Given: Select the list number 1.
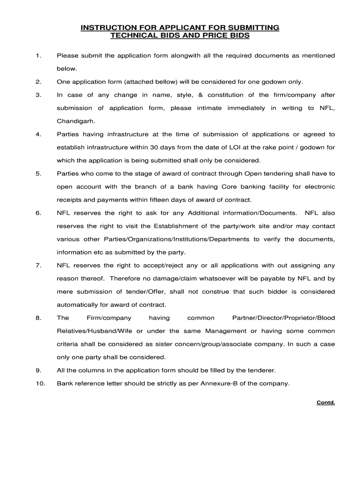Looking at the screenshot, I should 37,56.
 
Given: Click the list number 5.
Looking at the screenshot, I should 38,174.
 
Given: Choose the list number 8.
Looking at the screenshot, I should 38,318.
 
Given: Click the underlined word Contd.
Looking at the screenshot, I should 326,402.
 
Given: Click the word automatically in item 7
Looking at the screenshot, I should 80,305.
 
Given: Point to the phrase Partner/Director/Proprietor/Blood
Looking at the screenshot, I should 283,318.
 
